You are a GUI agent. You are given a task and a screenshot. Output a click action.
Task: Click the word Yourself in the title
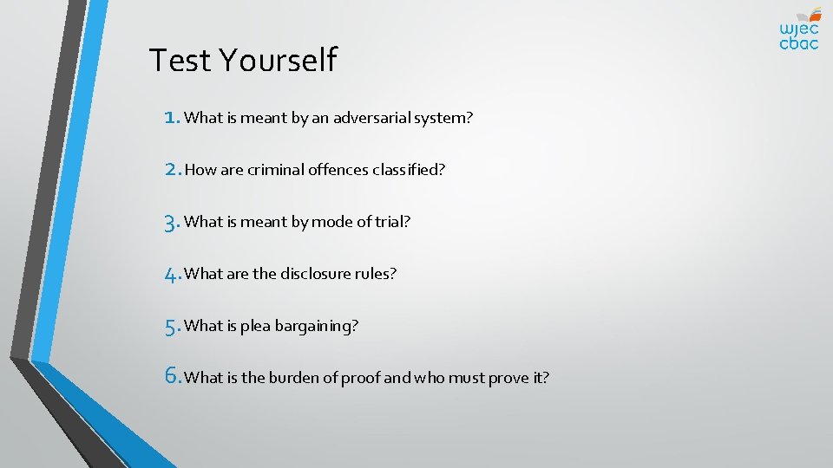pos(278,61)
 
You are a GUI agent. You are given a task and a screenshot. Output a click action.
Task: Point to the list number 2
pos(172,169)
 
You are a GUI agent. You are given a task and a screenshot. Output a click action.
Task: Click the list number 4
pos(172,274)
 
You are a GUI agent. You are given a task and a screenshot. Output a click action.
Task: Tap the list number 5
pos(172,326)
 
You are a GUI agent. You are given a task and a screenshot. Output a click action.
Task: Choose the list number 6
pos(172,377)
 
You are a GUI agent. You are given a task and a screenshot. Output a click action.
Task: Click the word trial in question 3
pos(391,222)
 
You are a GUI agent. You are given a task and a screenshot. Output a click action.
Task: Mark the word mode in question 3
pos(331,222)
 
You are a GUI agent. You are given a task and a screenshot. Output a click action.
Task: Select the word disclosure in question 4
pos(318,274)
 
